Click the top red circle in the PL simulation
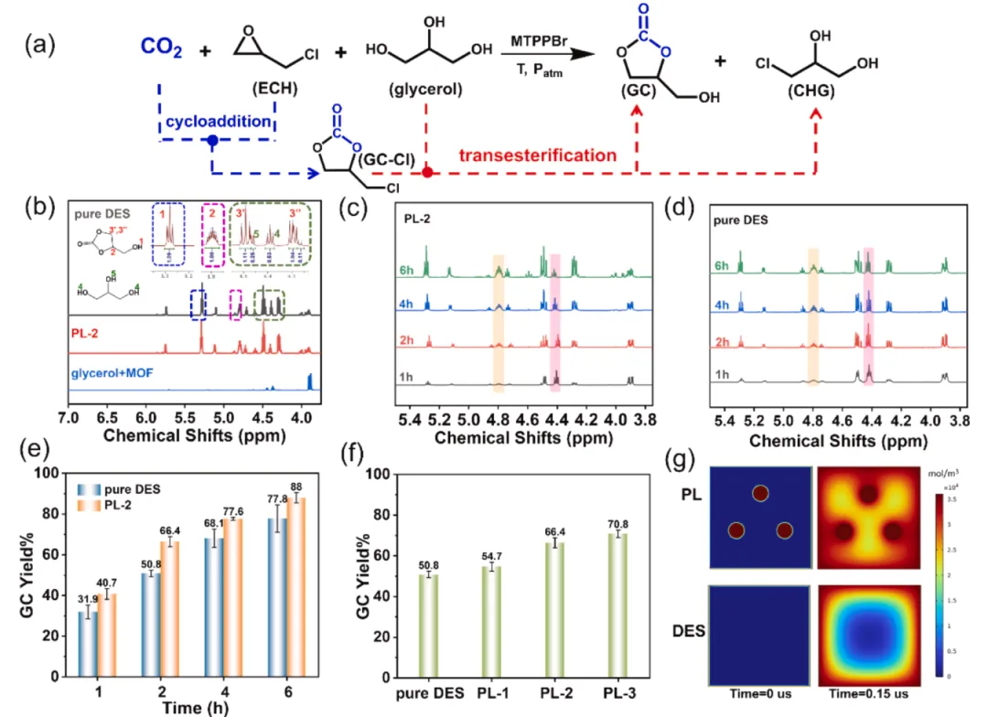coord(761,494)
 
